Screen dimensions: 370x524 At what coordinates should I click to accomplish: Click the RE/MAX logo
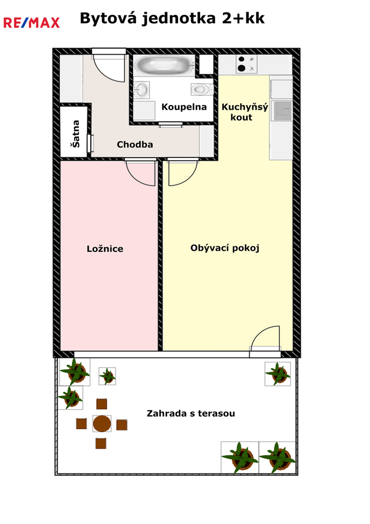pyautogui.click(x=32, y=23)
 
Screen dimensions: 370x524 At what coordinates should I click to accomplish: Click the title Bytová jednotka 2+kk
pyautogui.click(x=172, y=19)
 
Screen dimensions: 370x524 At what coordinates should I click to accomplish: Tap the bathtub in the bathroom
pyautogui.click(x=165, y=65)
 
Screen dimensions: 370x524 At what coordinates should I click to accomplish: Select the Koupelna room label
pyautogui.click(x=184, y=107)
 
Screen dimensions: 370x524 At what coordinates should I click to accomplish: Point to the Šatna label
pyautogui.click(x=76, y=134)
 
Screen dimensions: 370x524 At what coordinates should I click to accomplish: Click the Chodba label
pyautogui.click(x=135, y=145)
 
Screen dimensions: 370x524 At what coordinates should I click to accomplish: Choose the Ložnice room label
pyautogui.click(x=105, y=248)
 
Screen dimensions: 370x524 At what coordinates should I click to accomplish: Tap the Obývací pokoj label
pyautogui.click(x=225, y=248)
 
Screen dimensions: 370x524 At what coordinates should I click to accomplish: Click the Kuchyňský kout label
pyautogui.click(x=245, y=112)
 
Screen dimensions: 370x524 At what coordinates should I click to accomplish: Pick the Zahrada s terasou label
pyautogui.click(x=191, y=413)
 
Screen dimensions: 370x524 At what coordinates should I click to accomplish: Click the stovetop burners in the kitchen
pyautogui.click(x=246, y=64)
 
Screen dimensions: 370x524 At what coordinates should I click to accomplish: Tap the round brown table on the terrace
pyautogui.click(x=102, y=424)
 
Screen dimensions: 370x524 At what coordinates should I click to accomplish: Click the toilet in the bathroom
pyautogui.click(x=202, y=89)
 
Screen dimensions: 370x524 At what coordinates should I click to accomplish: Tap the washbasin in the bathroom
pyautogui.click(x=141, y=90)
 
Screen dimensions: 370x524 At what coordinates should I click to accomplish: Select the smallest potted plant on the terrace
pyautogui.click(x=107, y=376)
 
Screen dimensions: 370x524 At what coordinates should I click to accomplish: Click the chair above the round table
pyautogui.click(x=101, y=404)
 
